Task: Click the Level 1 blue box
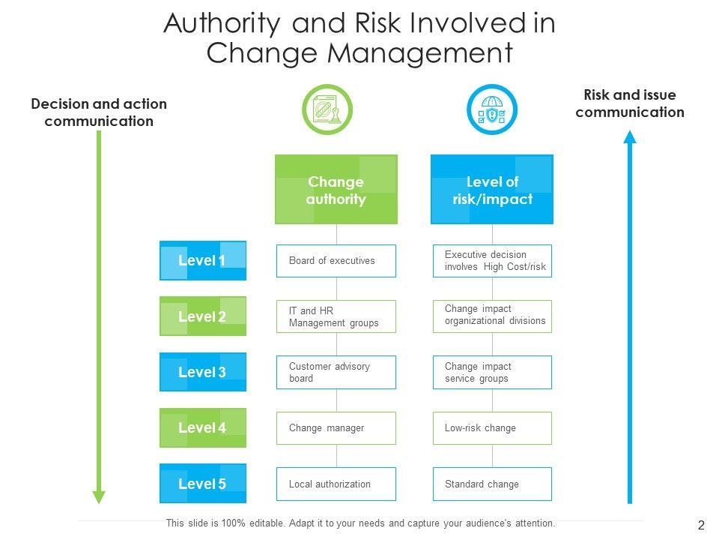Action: click(203, 261)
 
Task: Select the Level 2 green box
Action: click(203, 316)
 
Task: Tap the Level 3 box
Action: click(203, 372)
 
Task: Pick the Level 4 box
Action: click(203, 427)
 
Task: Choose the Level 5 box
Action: click(203, 484)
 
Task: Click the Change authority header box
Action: click(336, 190)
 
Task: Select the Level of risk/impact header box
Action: click(492, 190)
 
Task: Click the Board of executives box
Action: click(336, 261)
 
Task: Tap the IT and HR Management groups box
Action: click(336, 316)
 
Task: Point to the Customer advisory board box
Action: click(336, 372)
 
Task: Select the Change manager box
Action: click(336, 427)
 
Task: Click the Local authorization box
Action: click(336, 484)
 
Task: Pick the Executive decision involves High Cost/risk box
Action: click(492, 261)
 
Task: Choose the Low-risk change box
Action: click(492, 427)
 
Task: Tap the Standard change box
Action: click(492, 484)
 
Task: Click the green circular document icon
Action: click(326, 109)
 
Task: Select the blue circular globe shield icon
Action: click(491, 109)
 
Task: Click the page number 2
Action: click(701, 526)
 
